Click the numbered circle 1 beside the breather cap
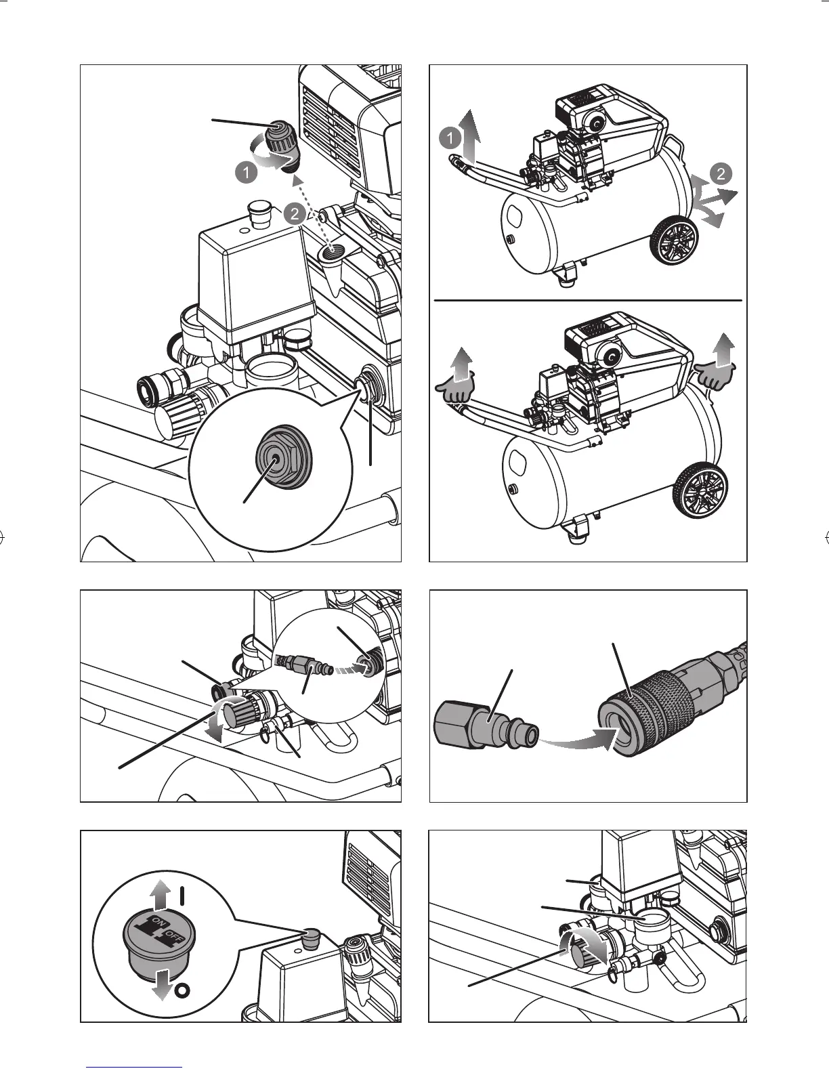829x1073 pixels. coord(247,173)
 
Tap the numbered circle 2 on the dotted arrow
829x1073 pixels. coord(295,214)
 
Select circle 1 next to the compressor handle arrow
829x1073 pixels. coord(450,138)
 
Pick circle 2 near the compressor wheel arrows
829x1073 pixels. coord(721,174)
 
